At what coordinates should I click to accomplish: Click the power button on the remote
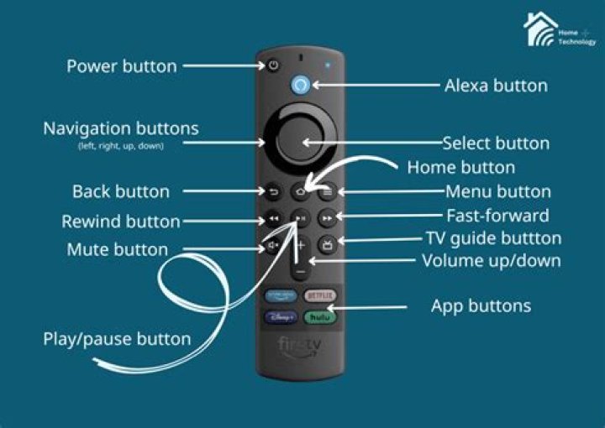[x=274, y=65]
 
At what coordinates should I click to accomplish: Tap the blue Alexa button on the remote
[x=301, y=85]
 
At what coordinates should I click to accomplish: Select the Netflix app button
[x=319, y=295]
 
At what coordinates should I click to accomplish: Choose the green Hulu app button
[x=319, y=317]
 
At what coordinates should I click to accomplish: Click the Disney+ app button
[x=281, y=317]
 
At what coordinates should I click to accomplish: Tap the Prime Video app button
[x=281, y=295]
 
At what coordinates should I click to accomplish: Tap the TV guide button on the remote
[x=328, y=245]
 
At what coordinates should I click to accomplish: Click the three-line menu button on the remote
[x=328, y=191]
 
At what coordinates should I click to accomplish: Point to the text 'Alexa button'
[x=496, y=86]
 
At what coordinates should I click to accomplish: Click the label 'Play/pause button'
[x=117, y=340]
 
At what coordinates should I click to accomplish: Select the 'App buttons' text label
[x=481, y=305]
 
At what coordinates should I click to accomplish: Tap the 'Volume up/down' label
[x=491, y=260]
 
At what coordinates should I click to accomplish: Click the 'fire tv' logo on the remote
[x=301, y=346]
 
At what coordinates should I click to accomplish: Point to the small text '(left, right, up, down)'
[x=121, y=146]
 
